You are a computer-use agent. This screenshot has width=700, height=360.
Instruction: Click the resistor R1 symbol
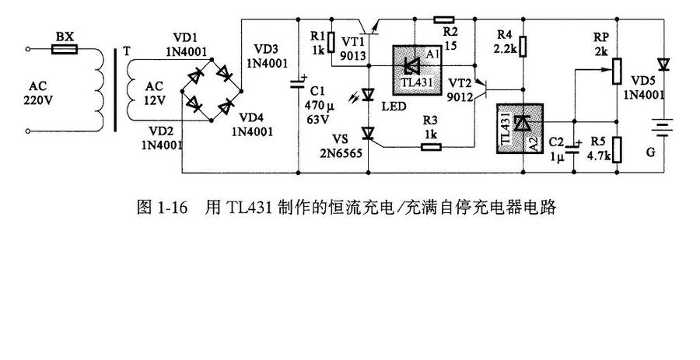[x=331, y=43]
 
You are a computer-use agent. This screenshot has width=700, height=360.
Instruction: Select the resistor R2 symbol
[x=444, y=19]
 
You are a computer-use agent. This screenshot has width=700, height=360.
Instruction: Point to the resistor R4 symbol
[x=523, y=44]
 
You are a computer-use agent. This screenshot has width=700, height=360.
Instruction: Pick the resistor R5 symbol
[x=616, y=148]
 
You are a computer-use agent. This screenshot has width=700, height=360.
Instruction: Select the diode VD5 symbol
[x=663, y=63]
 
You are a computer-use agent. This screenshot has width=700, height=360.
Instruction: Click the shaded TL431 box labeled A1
[x=415, y=68]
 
